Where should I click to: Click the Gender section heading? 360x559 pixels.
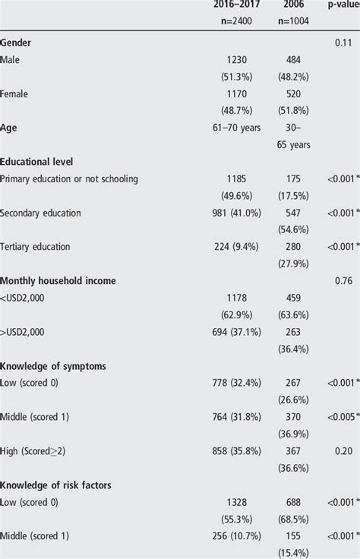(x=16, y=43)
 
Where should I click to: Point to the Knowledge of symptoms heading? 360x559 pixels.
(x=52, y=365)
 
